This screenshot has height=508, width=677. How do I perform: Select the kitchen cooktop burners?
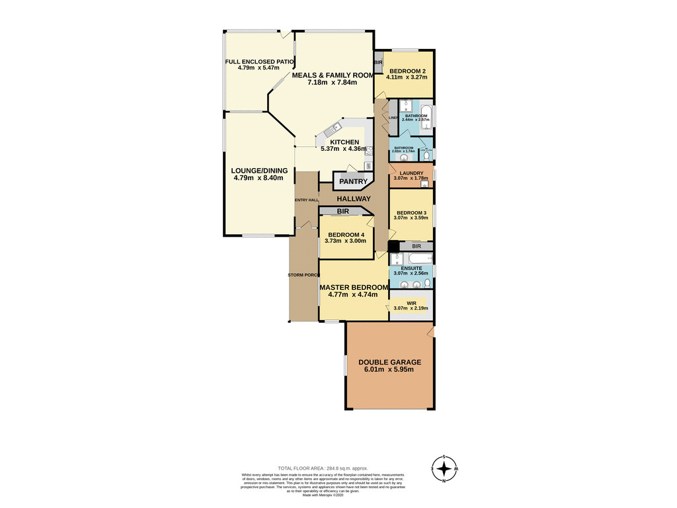coord(368,165)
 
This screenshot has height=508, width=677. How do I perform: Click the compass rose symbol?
coord(446,469)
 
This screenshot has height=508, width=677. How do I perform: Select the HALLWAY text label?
coord(353,198)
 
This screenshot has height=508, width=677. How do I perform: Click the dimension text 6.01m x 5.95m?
coord(389,370)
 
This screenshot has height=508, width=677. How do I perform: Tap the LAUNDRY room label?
coord(411,173)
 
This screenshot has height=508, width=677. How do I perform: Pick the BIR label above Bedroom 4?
coord(342,212)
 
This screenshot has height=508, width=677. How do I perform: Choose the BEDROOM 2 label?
coord(407,71)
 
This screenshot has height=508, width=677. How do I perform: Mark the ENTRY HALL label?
coord(306,200)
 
